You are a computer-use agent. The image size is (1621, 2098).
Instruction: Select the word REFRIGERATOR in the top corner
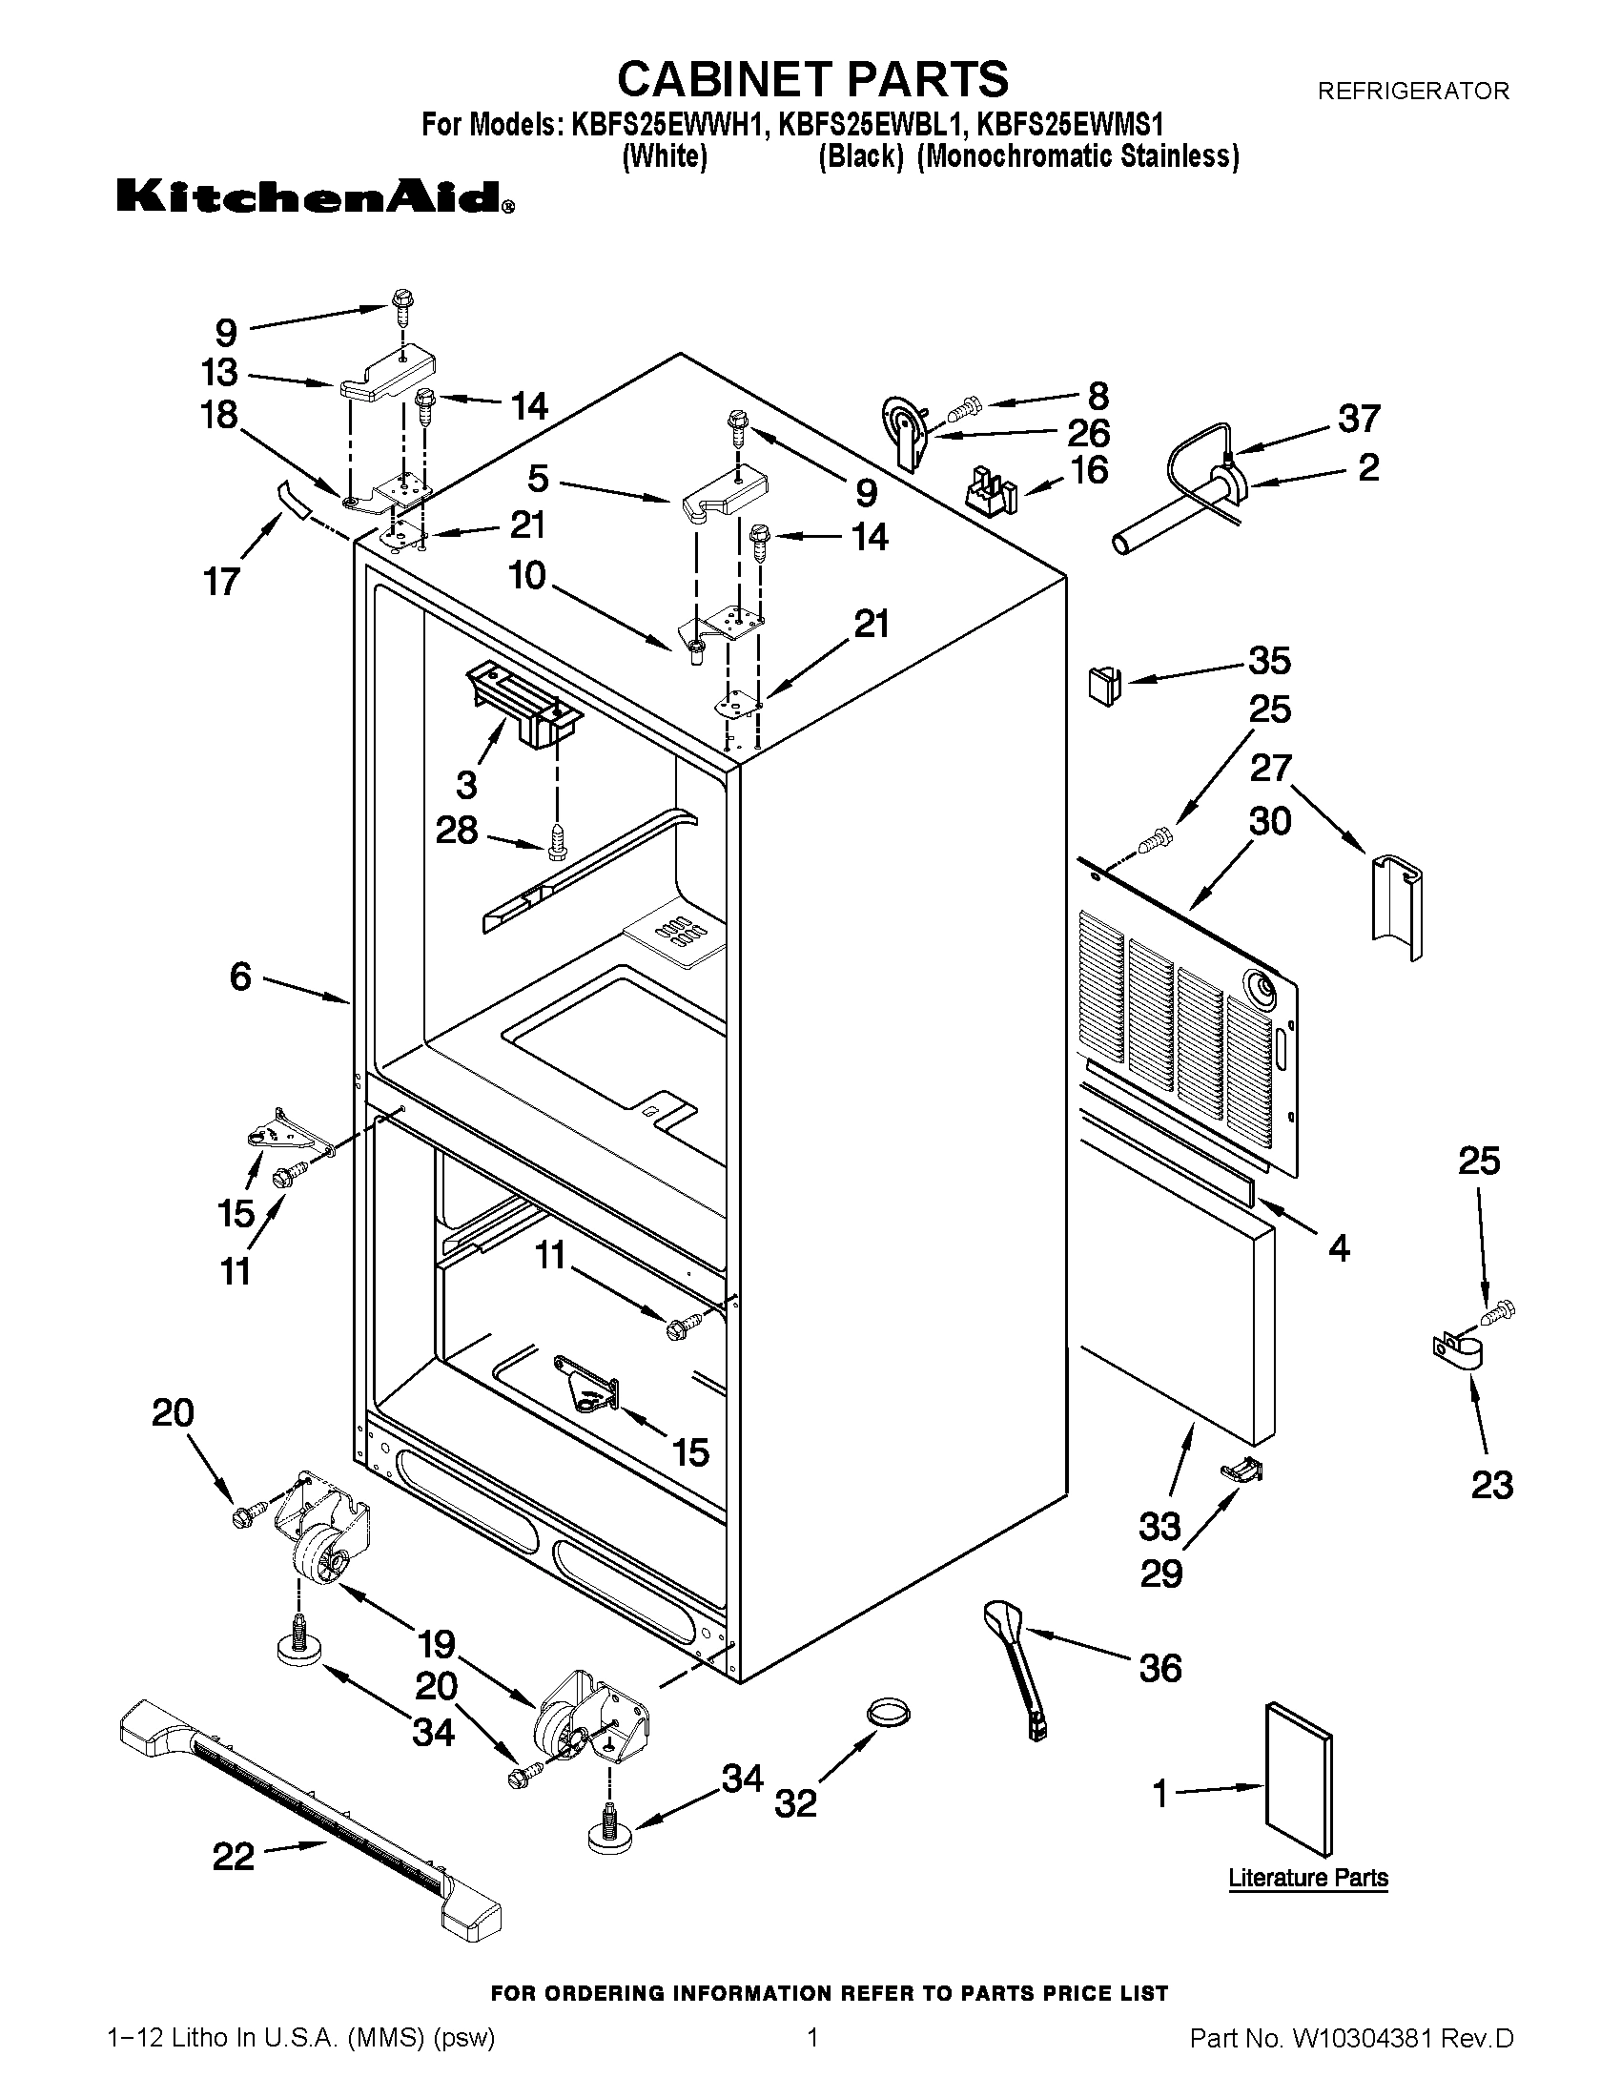tap(1412, 92)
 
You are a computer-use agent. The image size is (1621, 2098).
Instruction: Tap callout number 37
tap(1360, 419)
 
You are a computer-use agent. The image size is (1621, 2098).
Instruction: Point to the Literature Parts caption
tap(1308, 1878)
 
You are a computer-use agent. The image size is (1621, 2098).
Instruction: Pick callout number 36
tap(1160, 1668)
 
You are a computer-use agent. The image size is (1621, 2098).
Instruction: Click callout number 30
tap(1269, 821)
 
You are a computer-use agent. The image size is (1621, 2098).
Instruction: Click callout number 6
tap(240, 977)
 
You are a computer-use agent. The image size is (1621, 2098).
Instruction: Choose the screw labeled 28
tap(557, 841)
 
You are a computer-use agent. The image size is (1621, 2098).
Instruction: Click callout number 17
tap(222, 582)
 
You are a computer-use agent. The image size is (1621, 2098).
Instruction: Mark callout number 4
tap(1339, 1248)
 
